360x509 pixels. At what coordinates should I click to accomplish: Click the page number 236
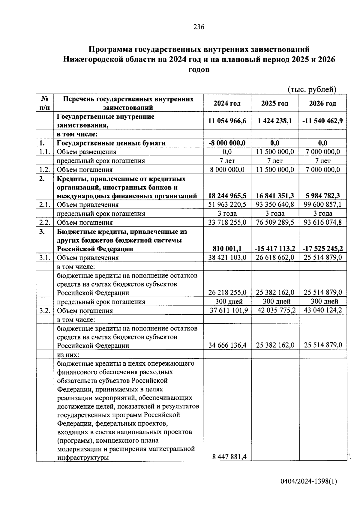tap(199, 27)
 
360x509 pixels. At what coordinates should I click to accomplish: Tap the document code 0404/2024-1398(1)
tap(309, 481)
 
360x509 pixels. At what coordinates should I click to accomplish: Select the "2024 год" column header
tap(227, 103)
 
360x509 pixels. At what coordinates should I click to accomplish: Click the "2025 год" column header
tap(274, 103)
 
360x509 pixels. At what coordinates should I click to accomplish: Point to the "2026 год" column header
tap(322, 103)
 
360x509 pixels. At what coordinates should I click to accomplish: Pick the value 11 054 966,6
tap(227, 121)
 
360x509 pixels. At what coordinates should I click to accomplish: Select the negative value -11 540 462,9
tap(322, 121)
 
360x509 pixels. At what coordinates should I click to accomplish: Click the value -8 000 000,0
tap(227, 143)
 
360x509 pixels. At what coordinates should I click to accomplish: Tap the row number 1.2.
tap(45, 170)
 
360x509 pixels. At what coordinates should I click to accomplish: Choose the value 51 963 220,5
tap(227, 205)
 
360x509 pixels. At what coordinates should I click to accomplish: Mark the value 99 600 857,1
tap(322, 205)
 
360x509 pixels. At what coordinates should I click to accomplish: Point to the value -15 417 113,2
tap(275, 249)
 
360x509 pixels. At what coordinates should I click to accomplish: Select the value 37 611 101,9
tap(229, 310)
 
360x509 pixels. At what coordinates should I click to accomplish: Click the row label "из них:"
tap(68, 355)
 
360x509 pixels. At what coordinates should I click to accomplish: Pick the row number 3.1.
tap(45, 258)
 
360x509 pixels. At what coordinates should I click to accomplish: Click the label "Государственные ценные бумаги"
tap(111, 143)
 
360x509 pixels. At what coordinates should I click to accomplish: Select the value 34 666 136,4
tap(227, 346)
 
